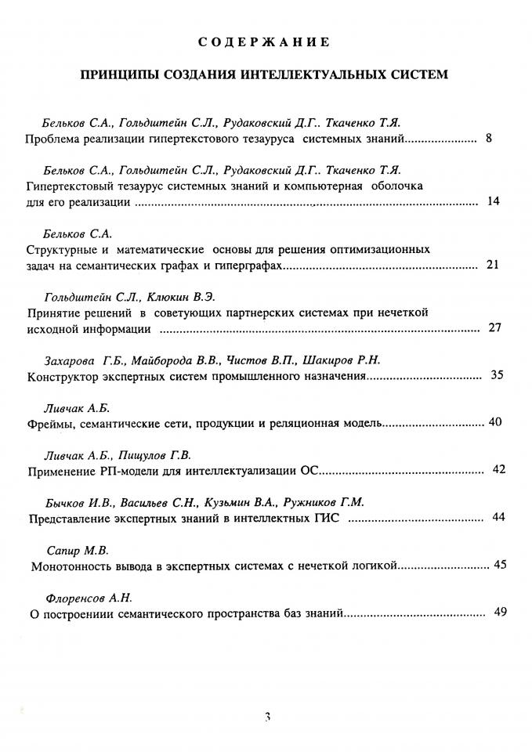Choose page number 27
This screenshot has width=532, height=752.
494,327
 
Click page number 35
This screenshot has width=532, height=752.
496,375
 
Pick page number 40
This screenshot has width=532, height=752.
494,422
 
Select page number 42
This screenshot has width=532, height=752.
499,469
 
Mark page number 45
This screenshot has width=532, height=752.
501,564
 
